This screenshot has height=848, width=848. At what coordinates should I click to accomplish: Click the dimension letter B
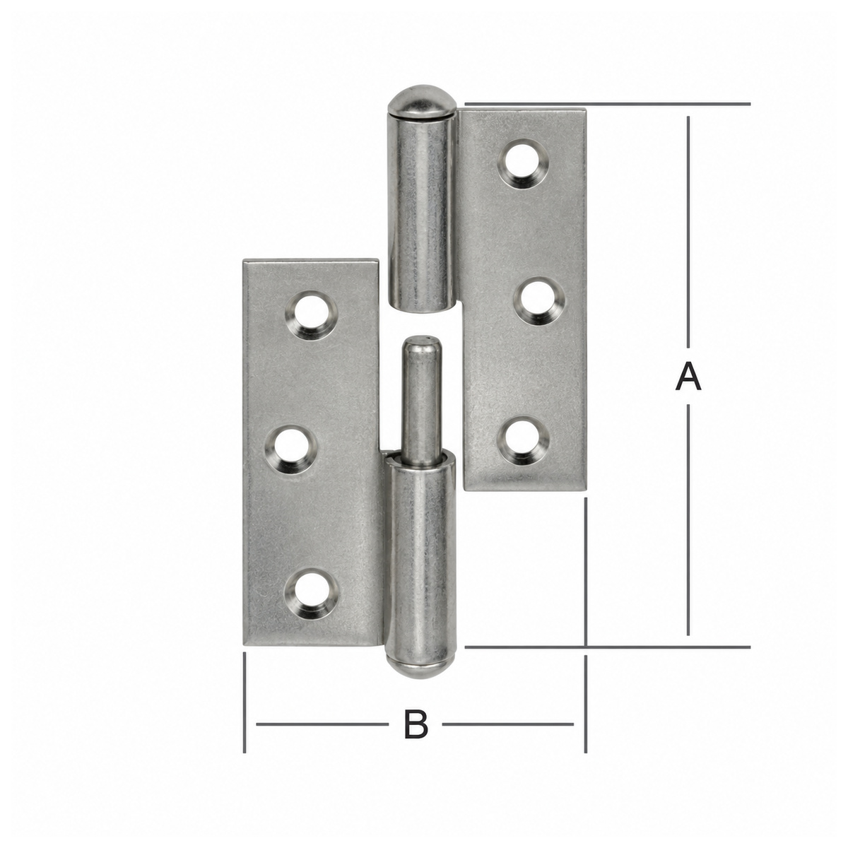tap(416, 724)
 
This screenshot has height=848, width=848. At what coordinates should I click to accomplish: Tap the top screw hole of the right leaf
tap(523, 165)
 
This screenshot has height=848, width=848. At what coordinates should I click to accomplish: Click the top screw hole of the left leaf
tap(311, 315)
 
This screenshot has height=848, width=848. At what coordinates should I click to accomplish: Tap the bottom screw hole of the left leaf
tap(311, 594)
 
